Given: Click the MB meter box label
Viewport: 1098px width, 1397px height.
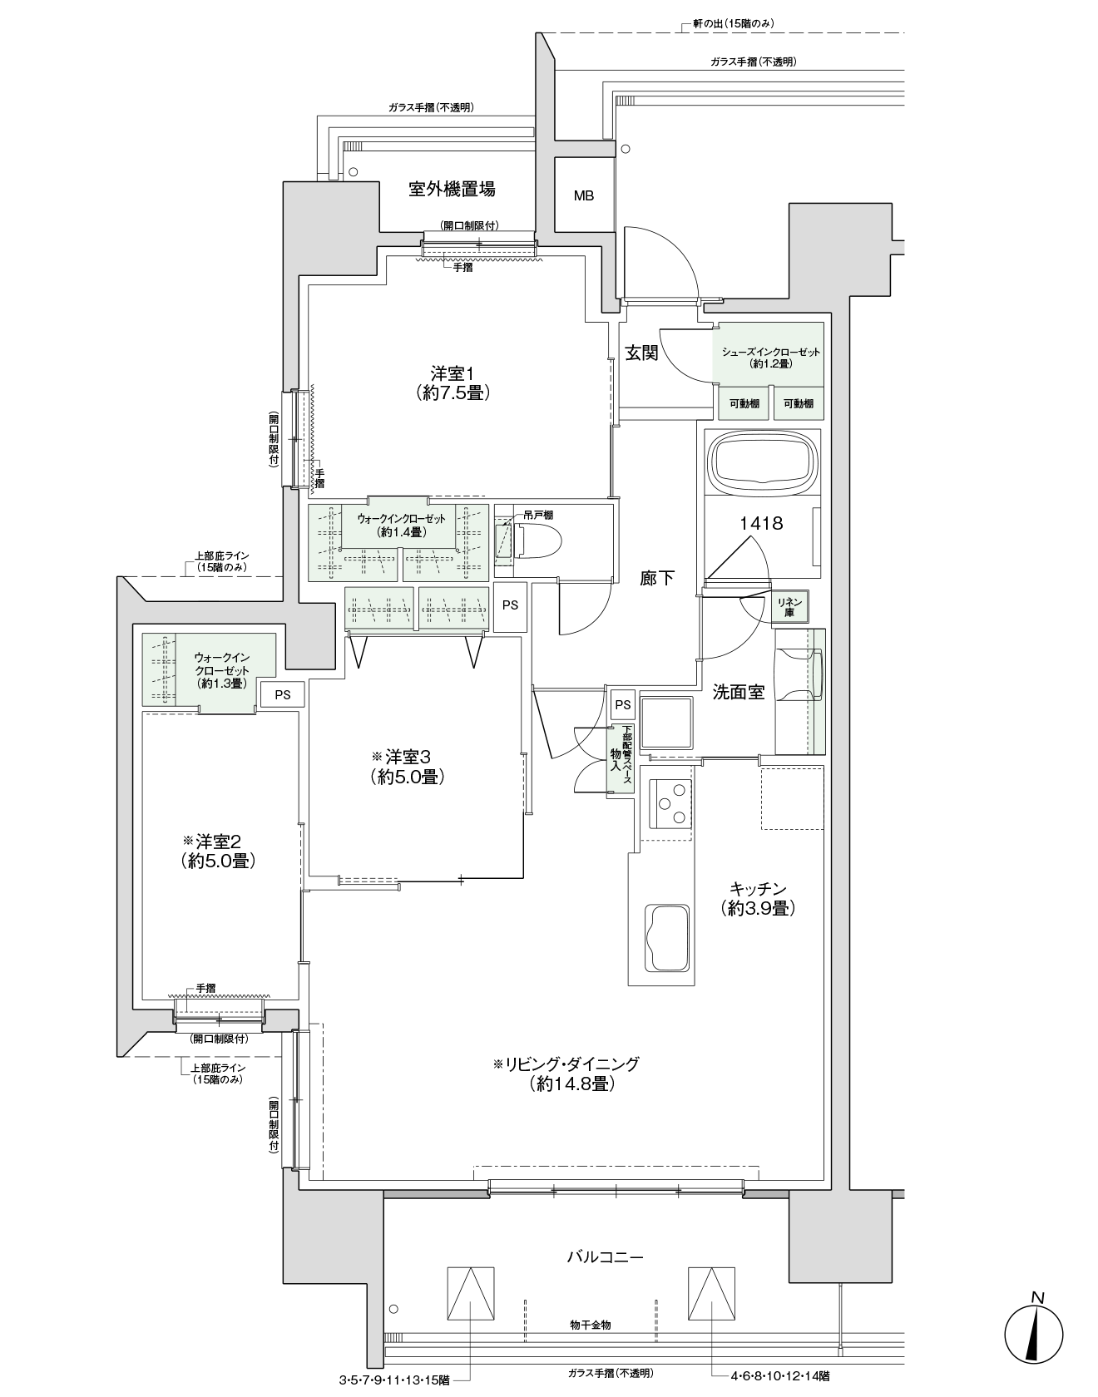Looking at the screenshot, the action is (584, 196).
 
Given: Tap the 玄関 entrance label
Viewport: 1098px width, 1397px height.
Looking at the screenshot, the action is (641, 353).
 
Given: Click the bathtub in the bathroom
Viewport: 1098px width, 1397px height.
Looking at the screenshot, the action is (762, 462).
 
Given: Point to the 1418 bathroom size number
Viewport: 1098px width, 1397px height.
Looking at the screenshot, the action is (762, 523).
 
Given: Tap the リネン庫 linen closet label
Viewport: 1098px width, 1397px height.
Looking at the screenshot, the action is (789, 606).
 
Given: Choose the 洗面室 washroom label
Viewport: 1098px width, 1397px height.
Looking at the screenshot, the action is (739, 691).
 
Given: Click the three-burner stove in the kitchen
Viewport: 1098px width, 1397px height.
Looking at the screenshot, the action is (670, 803).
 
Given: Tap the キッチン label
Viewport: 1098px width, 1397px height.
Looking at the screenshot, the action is (758, 888).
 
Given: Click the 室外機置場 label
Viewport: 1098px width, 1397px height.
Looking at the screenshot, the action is (452, 190).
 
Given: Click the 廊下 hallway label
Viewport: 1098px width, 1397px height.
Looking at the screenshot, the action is (657, 578).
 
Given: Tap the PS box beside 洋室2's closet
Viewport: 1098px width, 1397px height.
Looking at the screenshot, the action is (283, 694).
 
